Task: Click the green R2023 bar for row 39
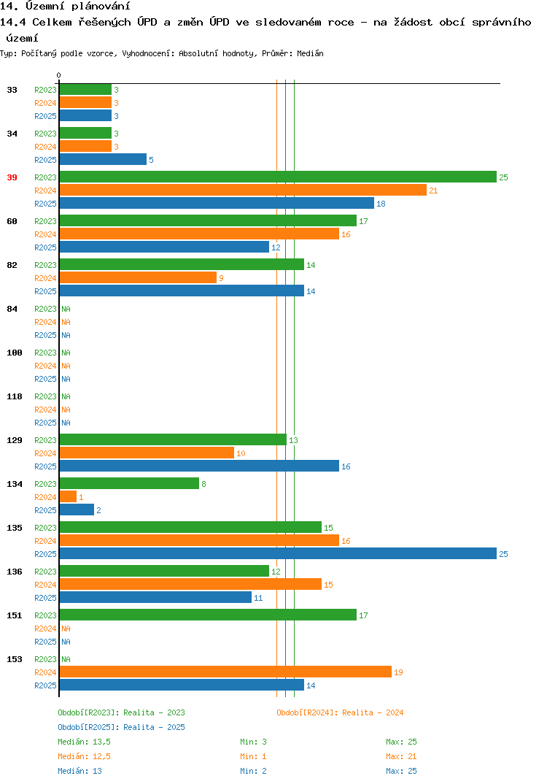(278, 177)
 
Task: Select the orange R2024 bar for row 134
(68, 496)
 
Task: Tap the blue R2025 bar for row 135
(278, 553)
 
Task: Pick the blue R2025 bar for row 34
(103, 159)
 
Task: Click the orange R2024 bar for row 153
(225, 672)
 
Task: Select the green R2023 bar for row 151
(208, 615)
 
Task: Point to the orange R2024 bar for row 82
(138, 277)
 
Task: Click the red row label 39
(12, 177)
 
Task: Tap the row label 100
(15, 353)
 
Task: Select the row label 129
(15, 440)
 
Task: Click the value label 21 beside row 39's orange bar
(433, 191)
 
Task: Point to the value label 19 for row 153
(398, 672)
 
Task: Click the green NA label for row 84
(66, 309)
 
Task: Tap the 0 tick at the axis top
(58, 75)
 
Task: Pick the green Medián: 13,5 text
(84, 742)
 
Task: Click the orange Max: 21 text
(401, 756)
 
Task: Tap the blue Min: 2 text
(253, 771)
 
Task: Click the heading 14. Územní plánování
(65, 6)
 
